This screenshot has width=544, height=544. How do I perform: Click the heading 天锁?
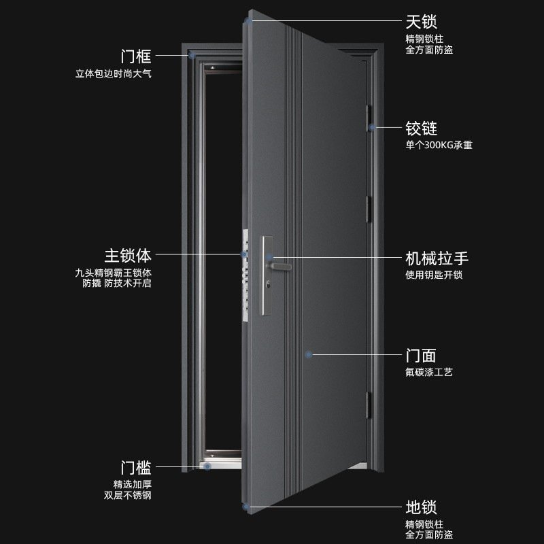pyautogui.click(x=421, y=24)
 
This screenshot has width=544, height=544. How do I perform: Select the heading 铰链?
pyautogui.click(x=421, y=128)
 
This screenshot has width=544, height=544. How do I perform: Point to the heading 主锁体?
pyautogui.click(x=127, y=256)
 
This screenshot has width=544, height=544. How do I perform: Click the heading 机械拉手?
pyautogui.click(x=437, y=258)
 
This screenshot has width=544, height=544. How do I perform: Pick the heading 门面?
pyautogui.click(x=421, y=355)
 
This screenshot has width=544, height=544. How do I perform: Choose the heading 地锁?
pyautogui.click(x=421, y=507)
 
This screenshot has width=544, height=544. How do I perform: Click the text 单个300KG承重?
pyautogui.click(x=438, y=145)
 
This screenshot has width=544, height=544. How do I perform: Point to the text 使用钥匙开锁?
pyautogui.click(x=433, y=275)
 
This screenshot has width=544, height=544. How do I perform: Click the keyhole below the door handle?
pyautogui.click(x=273, y=282)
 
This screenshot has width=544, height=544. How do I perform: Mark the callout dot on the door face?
pyautogui.click(x=308, y=354)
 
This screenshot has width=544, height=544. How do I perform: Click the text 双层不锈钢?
pyautogui.click(x=127, y=496)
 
